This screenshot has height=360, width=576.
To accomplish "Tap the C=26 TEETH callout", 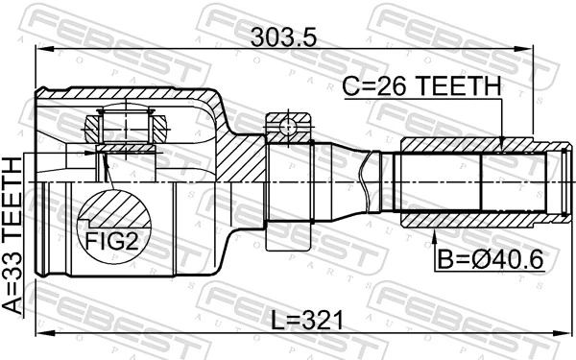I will (421, 86).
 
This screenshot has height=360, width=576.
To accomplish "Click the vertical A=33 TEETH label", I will (13, 235).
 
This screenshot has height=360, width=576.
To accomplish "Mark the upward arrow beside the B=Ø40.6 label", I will (435, 240).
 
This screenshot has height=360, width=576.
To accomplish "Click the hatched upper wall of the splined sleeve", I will (461, 145).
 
